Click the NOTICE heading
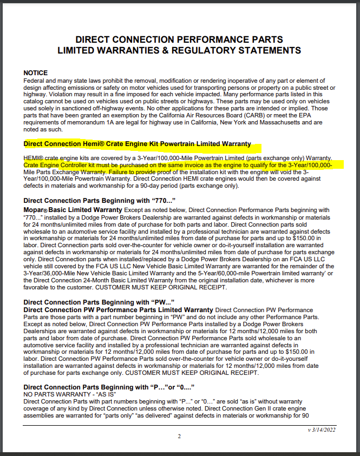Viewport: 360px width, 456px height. click(x=36, y=72)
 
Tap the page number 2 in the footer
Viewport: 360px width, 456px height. click(x=179, y=437)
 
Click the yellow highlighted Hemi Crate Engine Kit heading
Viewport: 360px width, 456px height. click(x=138, y=144)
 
